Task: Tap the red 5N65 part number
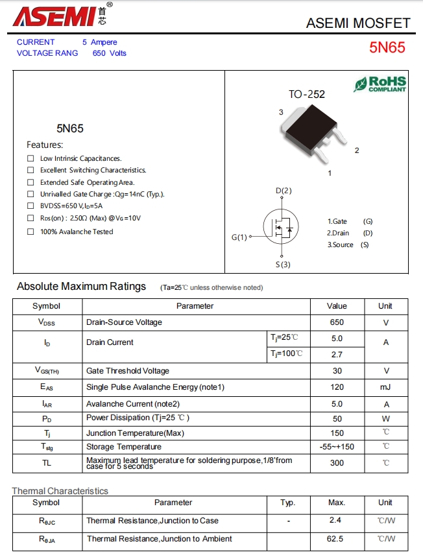click(387, 47)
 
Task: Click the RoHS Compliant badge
click(380, 84)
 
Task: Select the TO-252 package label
click(307, 95)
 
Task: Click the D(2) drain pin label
click(284, 191)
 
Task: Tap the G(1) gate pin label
click(239, 237)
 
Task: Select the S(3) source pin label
click(283, 264)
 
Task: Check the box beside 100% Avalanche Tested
click(30, 232)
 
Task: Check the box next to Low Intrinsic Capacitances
click(30, 158)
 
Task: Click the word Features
click(45, 145)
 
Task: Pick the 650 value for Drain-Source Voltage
click(337, 322)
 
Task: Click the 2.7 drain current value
click(337, 355)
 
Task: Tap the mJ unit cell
click(385, 387)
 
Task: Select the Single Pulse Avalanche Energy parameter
click(155, 387)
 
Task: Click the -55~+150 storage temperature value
click(337, 446)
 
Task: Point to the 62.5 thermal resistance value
click(337, 538)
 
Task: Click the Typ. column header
click(287, 503)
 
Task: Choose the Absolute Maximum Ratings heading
click(81, 287)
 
